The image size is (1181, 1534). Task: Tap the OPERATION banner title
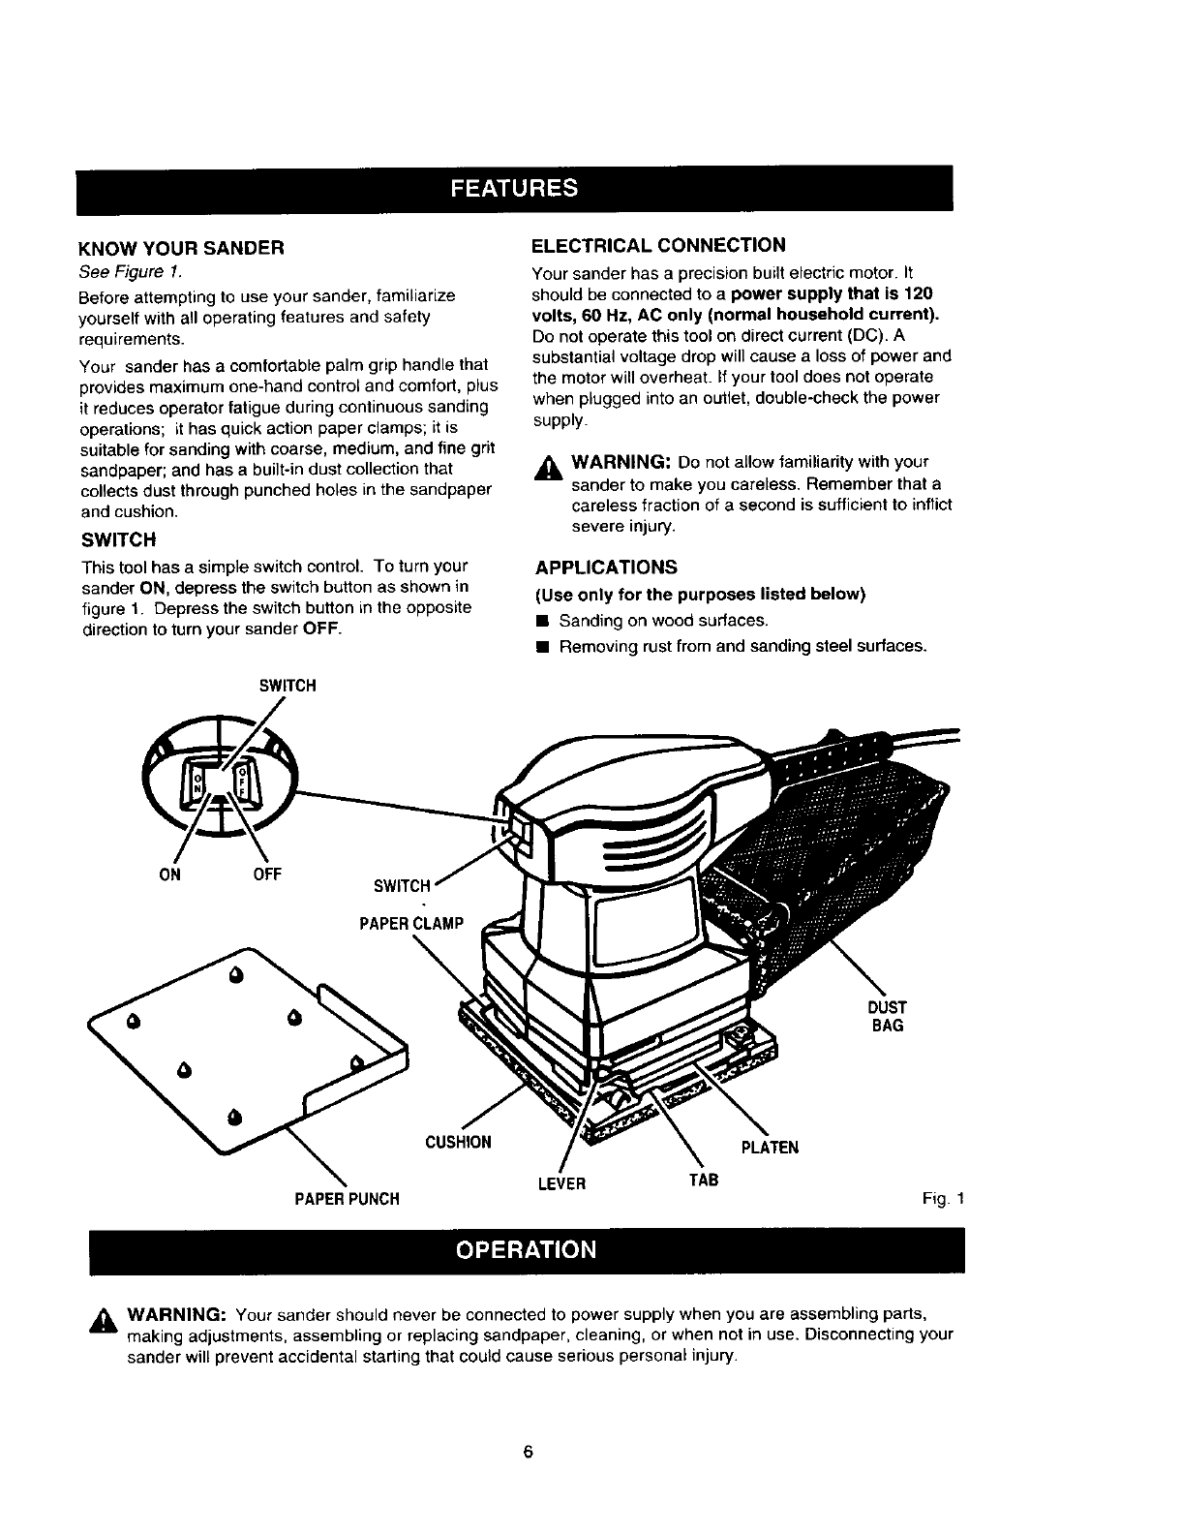pos(527,1249)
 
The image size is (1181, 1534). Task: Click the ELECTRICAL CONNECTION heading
pos(659,244)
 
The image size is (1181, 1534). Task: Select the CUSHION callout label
pos(458,1143)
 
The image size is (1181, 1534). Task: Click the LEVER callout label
pos(560,1183)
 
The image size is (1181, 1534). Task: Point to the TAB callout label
pos(704,1181)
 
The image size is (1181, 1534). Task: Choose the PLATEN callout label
pos(770,1149)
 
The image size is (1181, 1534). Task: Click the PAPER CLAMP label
pos(411,923)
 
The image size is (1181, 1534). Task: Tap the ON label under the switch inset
pos(174,874)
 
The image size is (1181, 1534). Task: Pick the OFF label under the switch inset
pos(267,874)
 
